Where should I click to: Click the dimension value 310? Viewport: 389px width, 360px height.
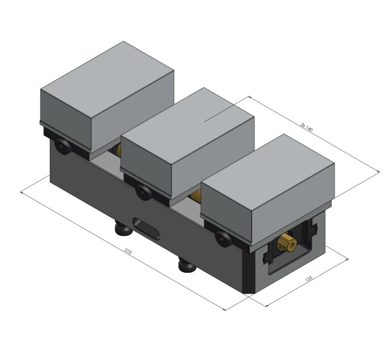pos(128,252)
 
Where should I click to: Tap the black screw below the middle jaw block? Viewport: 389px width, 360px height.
pos(142,190)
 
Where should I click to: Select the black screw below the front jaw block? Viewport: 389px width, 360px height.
pos(223,238)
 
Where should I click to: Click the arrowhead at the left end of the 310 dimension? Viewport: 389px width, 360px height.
pos(22,191)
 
